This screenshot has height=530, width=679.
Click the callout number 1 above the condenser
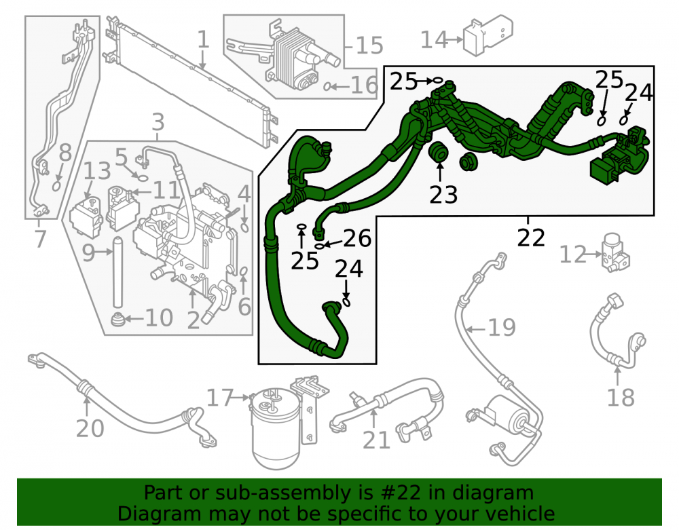pos(203,39)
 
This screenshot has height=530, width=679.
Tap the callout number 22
pos(531,237)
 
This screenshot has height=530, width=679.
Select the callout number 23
pos(443,194)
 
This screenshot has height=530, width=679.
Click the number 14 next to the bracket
pos(434,40)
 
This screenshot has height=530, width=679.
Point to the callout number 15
pos(369,45)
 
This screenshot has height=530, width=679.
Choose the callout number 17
pos(220,397)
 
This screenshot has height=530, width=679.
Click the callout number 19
pos(502,328)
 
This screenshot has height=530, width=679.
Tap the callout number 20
pos(90,428)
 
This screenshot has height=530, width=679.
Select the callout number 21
pos(376,440)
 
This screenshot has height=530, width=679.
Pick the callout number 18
pos(621,397)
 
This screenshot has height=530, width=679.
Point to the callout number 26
pos(357,238)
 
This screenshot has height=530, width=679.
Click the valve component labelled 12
pos(615,252)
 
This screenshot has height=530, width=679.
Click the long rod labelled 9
pos(117,273)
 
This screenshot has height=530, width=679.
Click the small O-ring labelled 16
pos(327,87)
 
